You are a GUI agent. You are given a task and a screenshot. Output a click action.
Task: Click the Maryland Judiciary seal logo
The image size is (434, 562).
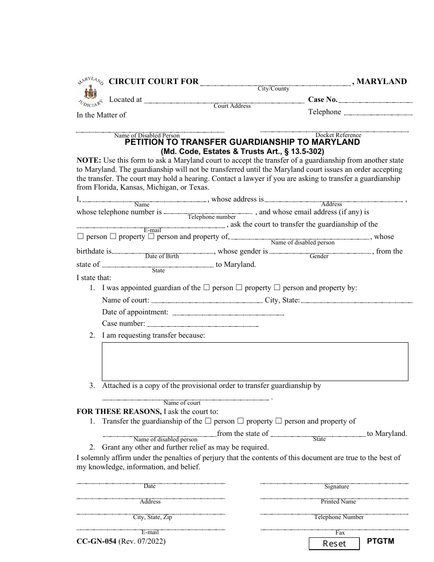coord(90,92)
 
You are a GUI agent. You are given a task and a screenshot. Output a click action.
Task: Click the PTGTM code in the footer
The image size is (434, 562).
coord(380,541)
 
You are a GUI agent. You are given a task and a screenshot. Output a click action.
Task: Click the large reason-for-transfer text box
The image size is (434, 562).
coord(254,361)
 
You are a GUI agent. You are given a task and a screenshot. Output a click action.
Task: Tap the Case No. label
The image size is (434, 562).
coord(323,100)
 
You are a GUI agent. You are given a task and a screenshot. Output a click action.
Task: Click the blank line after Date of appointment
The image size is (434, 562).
coord(228,314)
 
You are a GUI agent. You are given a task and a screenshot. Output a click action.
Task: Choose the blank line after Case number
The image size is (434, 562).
coord(202,325)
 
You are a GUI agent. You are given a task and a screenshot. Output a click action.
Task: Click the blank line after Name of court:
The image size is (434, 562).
coord(207,302)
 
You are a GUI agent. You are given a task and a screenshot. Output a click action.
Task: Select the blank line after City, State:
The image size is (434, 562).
coord(356,302)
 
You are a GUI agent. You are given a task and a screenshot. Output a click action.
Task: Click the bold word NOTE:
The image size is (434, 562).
coord(89,160)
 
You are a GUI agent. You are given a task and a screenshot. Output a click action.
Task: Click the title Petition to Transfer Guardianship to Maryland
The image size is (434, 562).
coord(242,142)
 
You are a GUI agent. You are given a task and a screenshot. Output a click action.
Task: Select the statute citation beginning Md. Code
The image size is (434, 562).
coord(242,151)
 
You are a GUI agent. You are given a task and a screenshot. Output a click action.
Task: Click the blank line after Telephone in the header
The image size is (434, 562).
coord(378,114)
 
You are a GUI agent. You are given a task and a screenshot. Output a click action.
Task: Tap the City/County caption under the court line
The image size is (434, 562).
coord(273,89)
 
